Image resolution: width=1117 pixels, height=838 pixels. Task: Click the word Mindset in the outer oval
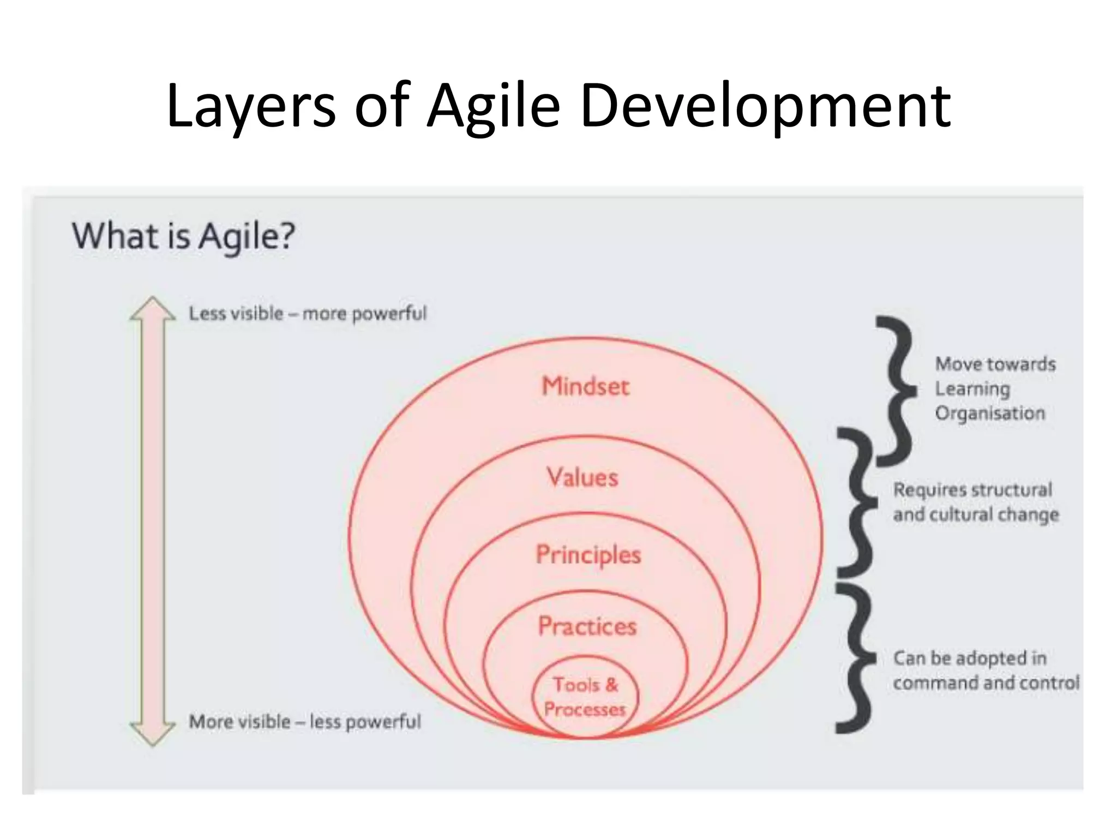pyautogui.click(x=585, y=386)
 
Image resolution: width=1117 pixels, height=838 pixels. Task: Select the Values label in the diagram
pyautogui.click(x=582, y=477)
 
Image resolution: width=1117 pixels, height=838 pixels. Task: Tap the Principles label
pyautogui.click(x=588, y=554)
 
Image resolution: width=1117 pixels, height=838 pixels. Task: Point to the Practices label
pyautogui.click(x=587, y=626)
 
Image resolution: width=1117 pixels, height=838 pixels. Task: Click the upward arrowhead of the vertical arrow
pyautogui.click(x=153, y=309)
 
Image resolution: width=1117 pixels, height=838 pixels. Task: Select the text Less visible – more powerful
pyautogui.click(x=308, y=314)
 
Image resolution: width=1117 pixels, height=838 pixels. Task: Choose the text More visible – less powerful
pyautogui.click(x=305, y=722)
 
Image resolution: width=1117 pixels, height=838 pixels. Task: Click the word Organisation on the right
pyautogui.click(x=990, y=413)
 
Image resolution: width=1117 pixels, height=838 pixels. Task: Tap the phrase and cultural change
pyautogui.click(x=976, y=514)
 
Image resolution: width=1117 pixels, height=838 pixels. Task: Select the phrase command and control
pyautogui.click(x=986, y=683)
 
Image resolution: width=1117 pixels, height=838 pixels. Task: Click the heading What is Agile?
pyautogui.click(x=183, y=236)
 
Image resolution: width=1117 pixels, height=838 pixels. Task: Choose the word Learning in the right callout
pyautogui.click(x=972, y=389)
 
